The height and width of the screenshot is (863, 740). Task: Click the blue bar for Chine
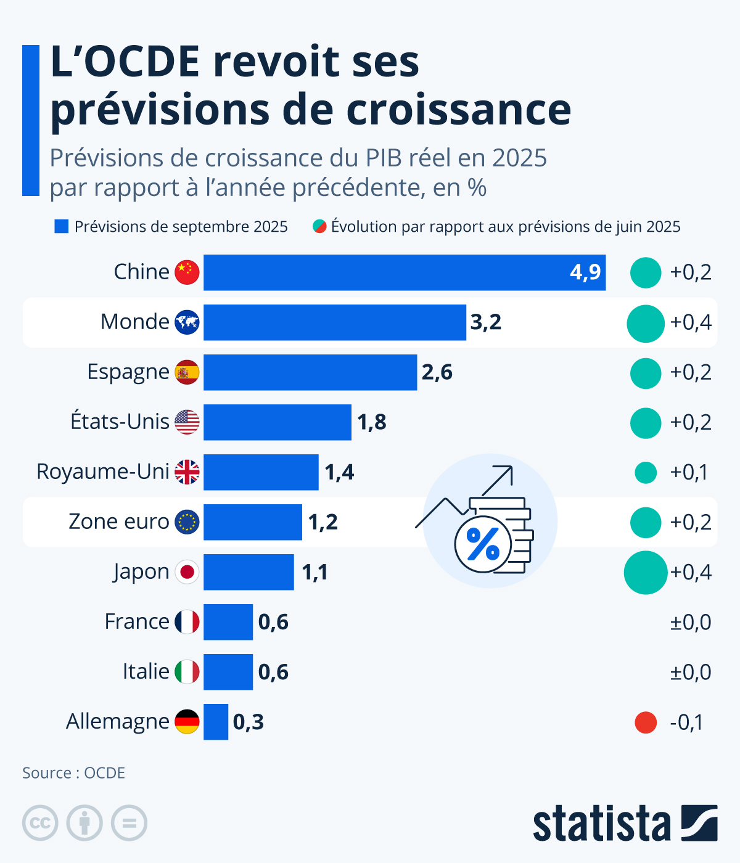404,272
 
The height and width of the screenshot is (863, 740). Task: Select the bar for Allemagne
216,722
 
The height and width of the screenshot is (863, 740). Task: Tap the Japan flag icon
187,572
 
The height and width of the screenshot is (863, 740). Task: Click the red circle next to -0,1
646,722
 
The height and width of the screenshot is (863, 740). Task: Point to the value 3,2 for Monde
486,322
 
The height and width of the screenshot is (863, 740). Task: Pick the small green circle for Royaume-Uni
646,473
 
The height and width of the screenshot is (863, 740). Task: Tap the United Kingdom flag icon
187,472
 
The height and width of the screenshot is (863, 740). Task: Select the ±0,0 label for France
691,623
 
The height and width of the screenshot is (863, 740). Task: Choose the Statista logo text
601,824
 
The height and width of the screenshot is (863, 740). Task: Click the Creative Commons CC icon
40,823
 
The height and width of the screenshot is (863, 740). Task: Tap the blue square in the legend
61,227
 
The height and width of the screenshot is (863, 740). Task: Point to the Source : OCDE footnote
74,773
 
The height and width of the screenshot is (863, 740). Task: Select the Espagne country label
128,372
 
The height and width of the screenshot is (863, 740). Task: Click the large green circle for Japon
646,573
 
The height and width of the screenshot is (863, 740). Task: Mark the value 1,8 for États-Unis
372,422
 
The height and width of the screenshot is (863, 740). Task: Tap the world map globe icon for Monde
187,322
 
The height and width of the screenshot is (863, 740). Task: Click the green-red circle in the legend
319,226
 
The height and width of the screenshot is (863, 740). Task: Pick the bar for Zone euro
253,522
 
